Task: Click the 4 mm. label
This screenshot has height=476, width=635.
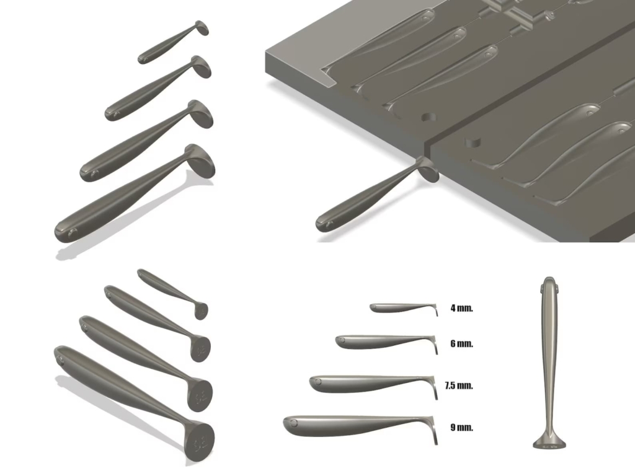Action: pyautogui.click(x=461, y=309)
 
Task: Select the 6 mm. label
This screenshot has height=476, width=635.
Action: pyautogui.click(x=461, y=343)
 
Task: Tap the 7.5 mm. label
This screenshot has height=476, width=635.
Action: pyautogui.click(x=459, y=386)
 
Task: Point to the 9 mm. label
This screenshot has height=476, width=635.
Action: pyautogui.click(x=461, y=428)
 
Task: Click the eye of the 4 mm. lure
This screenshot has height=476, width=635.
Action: pyautogui.click(x=373, y=307)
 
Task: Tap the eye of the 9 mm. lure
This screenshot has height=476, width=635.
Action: pyautogui.click(x=294, y=423)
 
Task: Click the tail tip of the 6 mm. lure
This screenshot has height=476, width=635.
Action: pyautogui.click(x=437, y=354)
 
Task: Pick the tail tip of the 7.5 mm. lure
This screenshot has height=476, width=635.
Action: pyautogui.click(x=437, y=399)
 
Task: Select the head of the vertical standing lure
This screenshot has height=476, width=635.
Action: pyautogui.click(x=549, y=285)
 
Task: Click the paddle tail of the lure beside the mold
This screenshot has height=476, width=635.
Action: pyautogui.click(x=427, y=169)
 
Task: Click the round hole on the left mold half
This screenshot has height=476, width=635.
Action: pyautogui.click(x=429, y=117)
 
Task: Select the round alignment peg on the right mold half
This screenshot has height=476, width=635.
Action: pyautogui.click(x=472, y=142)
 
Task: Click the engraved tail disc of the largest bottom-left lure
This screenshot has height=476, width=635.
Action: pyautogui.click(x=200, y=441)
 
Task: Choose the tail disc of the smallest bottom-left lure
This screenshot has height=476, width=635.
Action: pyautogui.click(x=202, y=311)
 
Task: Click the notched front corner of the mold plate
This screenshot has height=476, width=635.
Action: pyautogui.click(x=329, y=75)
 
